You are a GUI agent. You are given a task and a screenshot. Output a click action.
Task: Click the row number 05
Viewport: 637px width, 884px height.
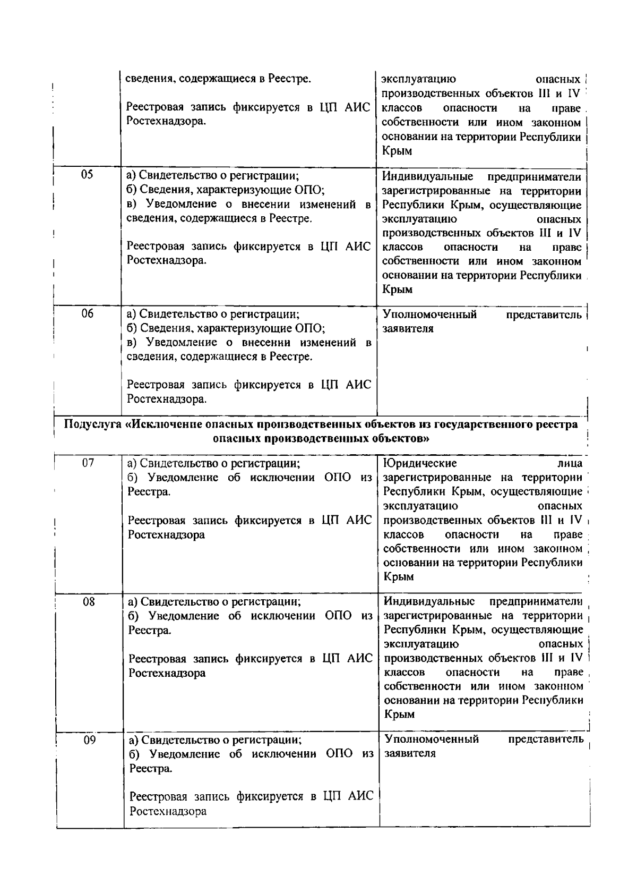pyautogui.click(x=87, y=175)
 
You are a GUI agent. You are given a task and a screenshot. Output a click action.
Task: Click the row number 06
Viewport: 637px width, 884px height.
pyautogui.click(x=88, y=314)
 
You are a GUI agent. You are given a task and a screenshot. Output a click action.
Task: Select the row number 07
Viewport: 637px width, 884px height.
pyautogui.click(x=88, y=463)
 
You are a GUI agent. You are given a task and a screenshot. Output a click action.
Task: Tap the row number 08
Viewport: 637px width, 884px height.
pyautogui.click(x=89, y=602)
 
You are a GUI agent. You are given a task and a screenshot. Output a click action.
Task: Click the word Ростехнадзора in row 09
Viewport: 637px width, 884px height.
pyautogui.click(x=168, y=811)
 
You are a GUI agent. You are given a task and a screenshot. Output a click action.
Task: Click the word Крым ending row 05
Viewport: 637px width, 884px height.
pyautogui.click(x=398, y=290)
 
